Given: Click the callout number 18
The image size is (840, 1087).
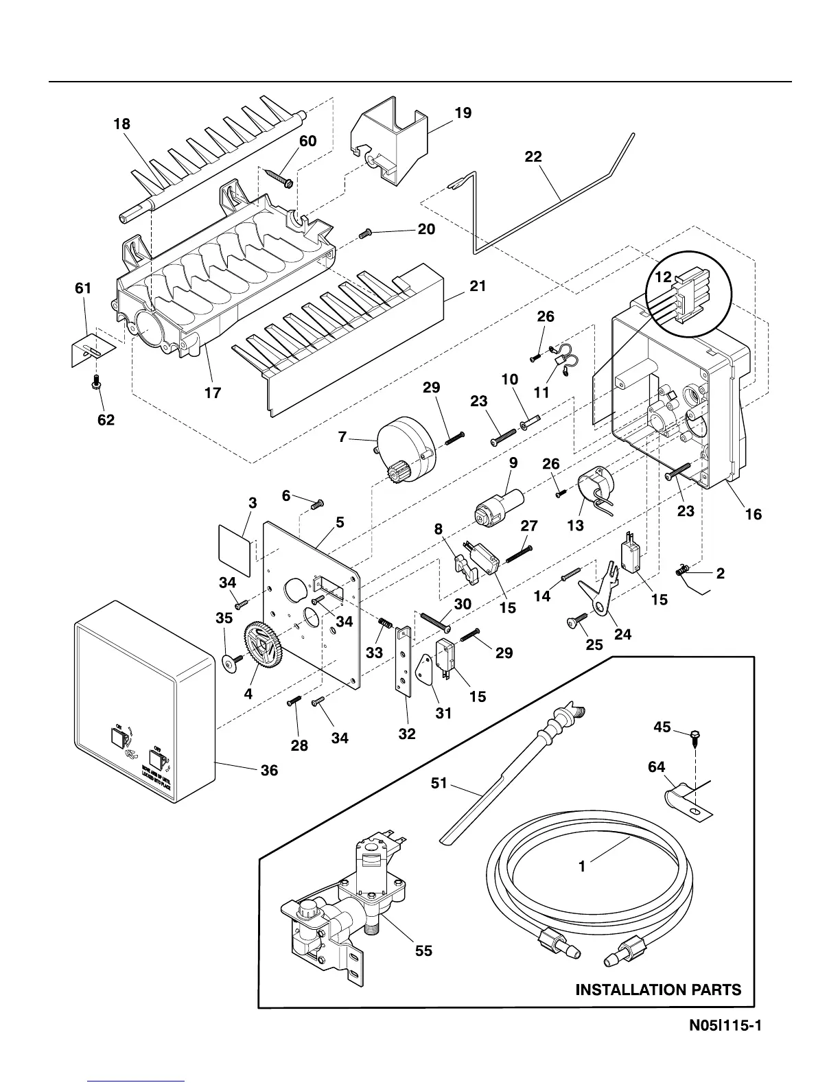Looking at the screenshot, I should [x=122, y=124].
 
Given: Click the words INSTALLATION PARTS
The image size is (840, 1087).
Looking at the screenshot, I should [x=658, y=990].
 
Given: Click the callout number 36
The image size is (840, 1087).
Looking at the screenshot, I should [x=269, y=771].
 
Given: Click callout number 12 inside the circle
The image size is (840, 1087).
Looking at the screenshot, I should [x=662, y=278].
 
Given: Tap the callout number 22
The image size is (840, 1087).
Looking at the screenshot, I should [x=533, y=157].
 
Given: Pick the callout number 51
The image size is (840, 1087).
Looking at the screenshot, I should [x=439, y=783].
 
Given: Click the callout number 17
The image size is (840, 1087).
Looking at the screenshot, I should [x=213, y=393].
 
